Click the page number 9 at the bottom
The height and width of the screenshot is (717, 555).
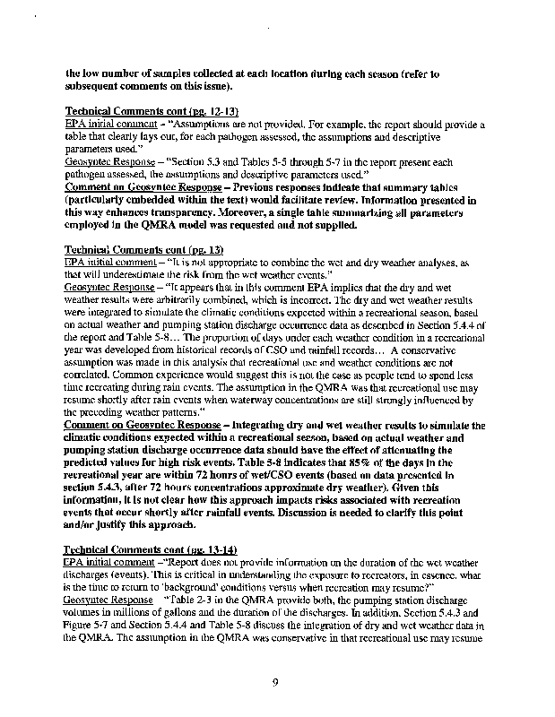point(277,682)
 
